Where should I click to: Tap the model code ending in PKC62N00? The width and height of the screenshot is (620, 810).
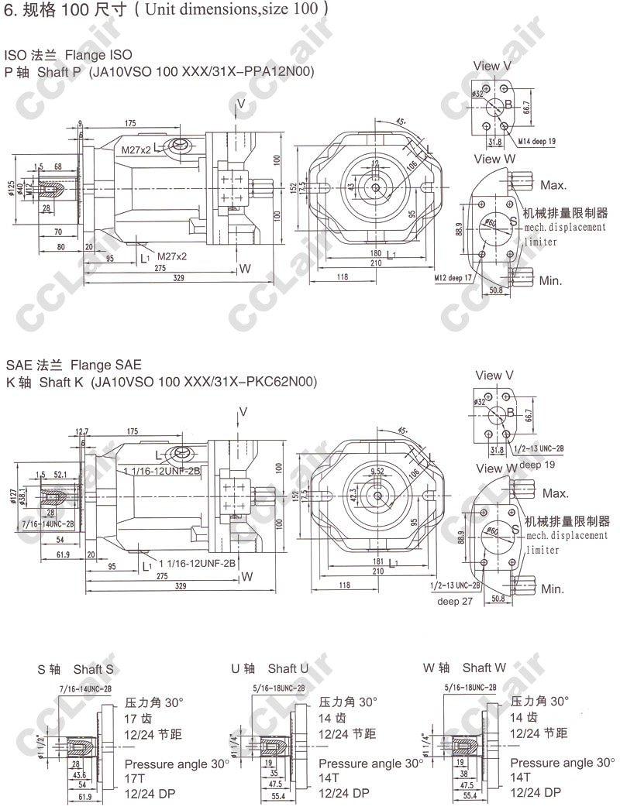[x=204, y=383]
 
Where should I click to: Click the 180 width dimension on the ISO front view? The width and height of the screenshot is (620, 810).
[x=375, y=253]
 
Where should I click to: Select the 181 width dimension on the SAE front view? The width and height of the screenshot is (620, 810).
[x=376, y=561]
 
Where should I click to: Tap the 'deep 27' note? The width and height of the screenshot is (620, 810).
[x=454, y=600]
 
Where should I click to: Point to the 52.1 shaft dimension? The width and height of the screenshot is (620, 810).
[x=60, y=474]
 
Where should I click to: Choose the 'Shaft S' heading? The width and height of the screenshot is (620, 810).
[x=94, y=668]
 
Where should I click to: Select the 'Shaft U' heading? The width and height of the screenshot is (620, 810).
[x=288, y=668]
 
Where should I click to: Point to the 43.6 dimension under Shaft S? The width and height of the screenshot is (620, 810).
[x=79, y=775]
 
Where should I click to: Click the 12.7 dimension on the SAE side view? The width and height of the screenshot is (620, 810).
[x=82, y=431]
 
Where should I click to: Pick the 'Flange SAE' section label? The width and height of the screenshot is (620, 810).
[x=106, y=364]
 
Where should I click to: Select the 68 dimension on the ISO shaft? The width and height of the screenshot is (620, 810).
[x=58, y=167]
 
